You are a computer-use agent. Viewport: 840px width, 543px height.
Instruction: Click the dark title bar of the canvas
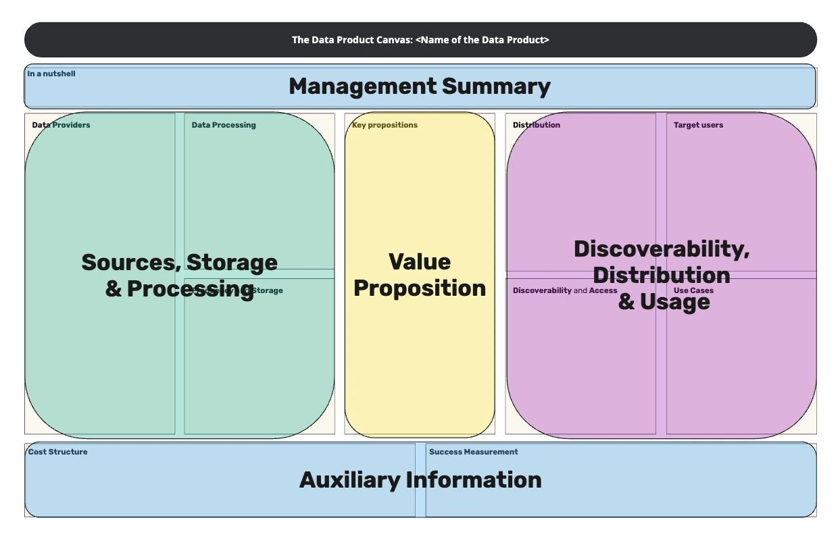coord(420,40)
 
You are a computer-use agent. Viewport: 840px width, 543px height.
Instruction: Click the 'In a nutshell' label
coord(51,74)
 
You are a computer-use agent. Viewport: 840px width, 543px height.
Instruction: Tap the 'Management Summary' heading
coord(420,86)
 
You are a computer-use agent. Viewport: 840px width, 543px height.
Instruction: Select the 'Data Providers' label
coord(61,125)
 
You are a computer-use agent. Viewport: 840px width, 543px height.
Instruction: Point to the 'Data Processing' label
coord(224,125)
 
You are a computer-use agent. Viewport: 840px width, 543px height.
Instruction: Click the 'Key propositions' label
coord(385,125)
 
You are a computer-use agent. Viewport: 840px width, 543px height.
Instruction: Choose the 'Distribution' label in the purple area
coord(537,125)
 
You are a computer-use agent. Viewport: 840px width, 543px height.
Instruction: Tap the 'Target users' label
coord(698,125)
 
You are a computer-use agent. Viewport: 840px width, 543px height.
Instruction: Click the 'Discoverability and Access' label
coord(565,290)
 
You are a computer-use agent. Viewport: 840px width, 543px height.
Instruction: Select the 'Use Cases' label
coord(693,291)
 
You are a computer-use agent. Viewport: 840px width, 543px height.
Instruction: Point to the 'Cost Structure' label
coord(57,452)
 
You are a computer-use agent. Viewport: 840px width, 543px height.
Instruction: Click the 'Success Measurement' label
coord(473,452)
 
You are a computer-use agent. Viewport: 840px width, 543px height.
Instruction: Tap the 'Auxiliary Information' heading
coord(420,480)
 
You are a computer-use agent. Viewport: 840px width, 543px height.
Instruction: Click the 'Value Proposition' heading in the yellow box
coord(420,275)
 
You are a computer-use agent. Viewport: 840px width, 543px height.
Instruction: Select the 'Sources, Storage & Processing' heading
coord(180,275)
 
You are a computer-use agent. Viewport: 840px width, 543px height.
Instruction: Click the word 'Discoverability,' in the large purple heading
coord(662,249)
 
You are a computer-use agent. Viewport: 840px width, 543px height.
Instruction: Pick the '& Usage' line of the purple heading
coord(664,302)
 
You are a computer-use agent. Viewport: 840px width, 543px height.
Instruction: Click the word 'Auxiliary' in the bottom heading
coord(350,480)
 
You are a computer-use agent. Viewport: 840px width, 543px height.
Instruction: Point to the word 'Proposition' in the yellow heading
coord(420,288)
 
